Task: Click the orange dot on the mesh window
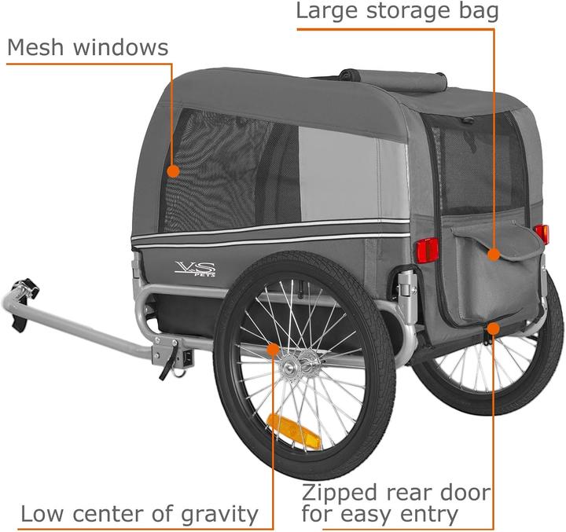point(173,170)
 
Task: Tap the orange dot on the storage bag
point(493,254)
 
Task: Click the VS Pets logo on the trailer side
point(195,269)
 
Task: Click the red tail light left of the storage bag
point(427,250)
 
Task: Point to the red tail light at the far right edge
point(542,233)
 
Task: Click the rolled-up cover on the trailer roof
point(394,80)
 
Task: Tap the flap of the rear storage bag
point(503,239)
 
